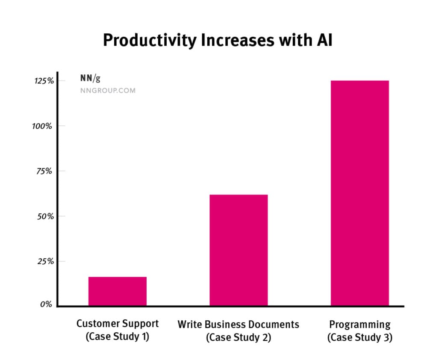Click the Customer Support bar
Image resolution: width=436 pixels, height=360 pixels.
click(x=117, y=291)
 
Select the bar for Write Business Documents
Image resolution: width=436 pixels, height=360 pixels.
click(x=239, y=250)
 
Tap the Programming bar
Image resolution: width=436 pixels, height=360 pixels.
click(x=359, y=193)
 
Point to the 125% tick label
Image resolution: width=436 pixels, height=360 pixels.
click(x=44, y=81)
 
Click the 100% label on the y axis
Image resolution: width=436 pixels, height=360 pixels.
click(x=43, y=126)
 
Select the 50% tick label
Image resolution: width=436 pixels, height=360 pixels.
click(x=44, y=216)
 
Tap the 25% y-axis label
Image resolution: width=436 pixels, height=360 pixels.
click(x=44, y=261)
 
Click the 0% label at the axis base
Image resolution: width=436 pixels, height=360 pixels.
click(x=46, y=305)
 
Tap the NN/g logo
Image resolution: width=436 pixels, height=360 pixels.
click(x=90, y=78)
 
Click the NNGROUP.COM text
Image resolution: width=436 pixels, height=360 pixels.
click(x=108, y=91)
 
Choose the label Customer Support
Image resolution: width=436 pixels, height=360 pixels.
click(x=118, y=324)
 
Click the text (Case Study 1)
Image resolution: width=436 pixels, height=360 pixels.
click(x=118, y=337)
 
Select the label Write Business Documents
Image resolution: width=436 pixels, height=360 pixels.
click(x=239, y=324)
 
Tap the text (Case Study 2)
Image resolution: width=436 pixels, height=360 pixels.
click(x=239, y=337)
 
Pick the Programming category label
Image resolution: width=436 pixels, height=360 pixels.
click(x=360, y=324)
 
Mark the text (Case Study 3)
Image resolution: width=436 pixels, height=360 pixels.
click(x=360, y=337)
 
